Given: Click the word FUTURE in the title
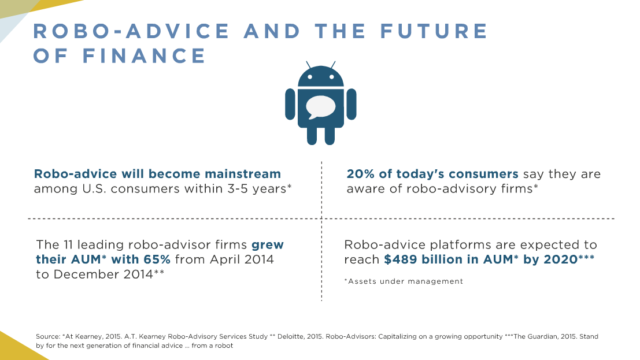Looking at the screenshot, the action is (x=434, y=31).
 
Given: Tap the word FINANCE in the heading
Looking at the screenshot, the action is (x=144, y=56).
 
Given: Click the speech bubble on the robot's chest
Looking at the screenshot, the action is (x=320, y=107).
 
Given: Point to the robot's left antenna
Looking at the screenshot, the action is (x=309, y=65).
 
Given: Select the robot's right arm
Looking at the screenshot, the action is (x=351, y=104).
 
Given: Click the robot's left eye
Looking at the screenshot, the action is (x=310, y=77).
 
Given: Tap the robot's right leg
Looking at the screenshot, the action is (x=330, y=136).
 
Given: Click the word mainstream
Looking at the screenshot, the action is (x=242, y=174).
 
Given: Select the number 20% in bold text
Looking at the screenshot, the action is (x=360, y=174).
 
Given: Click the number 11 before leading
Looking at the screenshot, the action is (x=68, y=245).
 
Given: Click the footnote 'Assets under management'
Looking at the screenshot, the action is (x=404, y=281).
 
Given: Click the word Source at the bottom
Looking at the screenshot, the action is (x=48, y=336).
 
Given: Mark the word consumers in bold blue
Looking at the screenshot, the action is (x=483, y=174).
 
